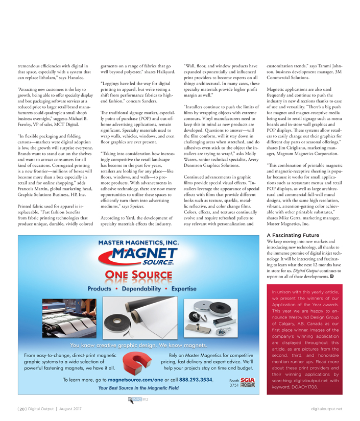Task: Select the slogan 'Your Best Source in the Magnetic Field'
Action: [x=138, y=389]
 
